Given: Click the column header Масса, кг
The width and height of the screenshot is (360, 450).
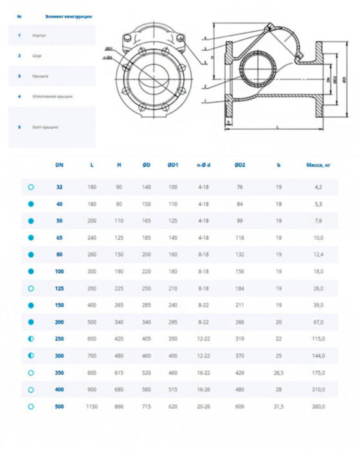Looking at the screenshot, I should pyautogui.click(x=318, y=165).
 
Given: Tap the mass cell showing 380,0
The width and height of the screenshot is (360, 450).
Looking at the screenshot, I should pyautogui.click(x=318, y=406).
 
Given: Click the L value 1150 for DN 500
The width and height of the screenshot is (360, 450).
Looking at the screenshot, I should pyautogui.click(x=92, y=406).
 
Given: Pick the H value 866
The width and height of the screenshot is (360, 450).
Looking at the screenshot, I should pyautogui.click(x=119, y=406).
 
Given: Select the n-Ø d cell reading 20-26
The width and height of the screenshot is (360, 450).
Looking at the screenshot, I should pyautogui.click(x=204, y=406).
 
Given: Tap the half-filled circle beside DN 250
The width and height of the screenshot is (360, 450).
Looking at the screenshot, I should pyautogui.click(x=30, y=339).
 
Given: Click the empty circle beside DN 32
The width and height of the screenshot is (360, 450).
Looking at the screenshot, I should pyautogui.click(x=30, y=187).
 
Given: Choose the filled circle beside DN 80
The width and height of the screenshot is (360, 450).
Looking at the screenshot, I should pyautogui.click(x=30, y=255).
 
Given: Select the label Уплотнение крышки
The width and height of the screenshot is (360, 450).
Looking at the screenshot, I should pyautogui.click(x=52, y=96).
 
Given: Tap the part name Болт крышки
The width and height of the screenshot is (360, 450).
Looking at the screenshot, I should pyautogui.click(x=45, y=127).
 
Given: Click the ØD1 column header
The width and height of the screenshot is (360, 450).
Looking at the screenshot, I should pyautogui.click(x=172, y=165).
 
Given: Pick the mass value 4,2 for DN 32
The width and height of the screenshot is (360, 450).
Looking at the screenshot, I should pyautogui.click(x=318, y=187).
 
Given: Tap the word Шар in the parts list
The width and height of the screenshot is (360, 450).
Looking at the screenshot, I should pyautogui.click(x=36, y=56).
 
